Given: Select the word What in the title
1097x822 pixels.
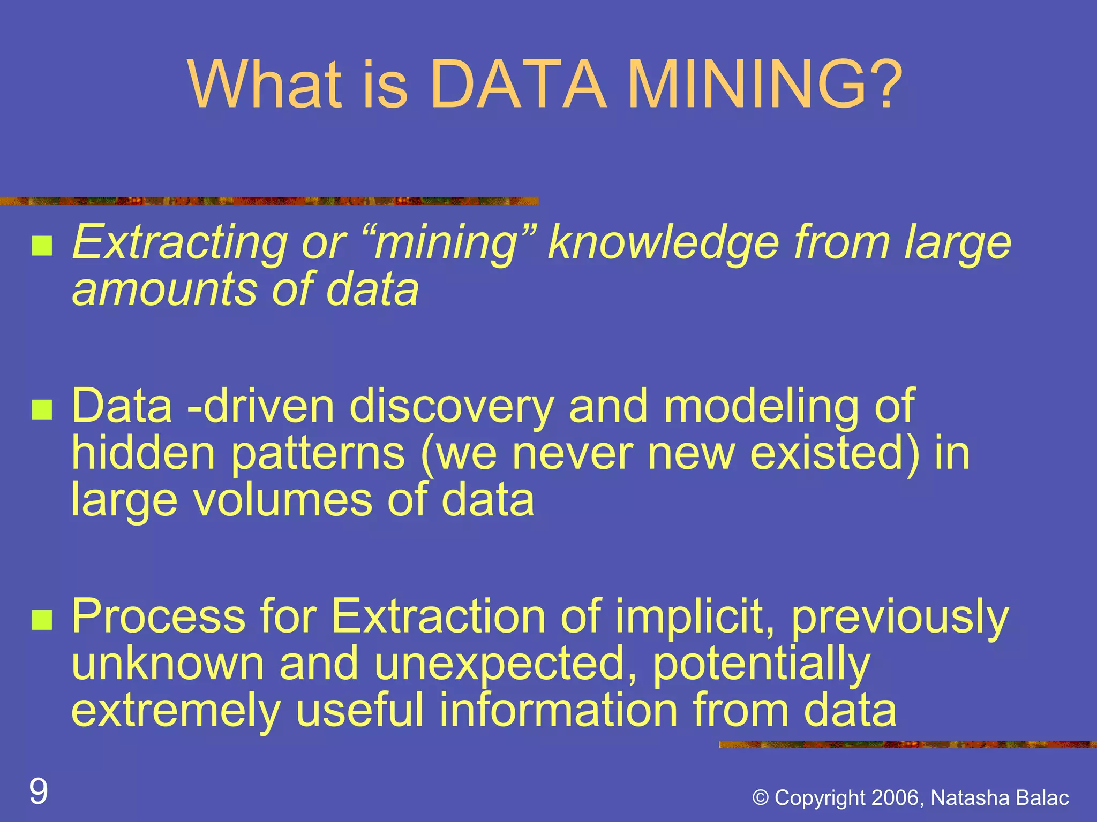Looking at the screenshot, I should click(x=265, y=85).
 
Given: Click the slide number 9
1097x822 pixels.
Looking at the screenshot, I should click(x=39, y=791).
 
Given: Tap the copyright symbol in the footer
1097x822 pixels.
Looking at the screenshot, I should click(x=761, y=798).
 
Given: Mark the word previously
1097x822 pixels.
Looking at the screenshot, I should click(x=900, y=616).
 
